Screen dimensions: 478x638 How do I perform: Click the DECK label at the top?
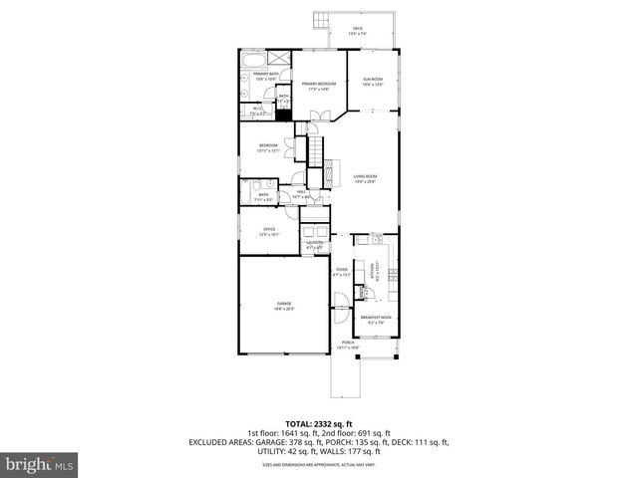(356, 31)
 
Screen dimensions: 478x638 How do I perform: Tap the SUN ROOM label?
(372, 82)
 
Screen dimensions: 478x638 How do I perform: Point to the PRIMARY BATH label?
(264, 76)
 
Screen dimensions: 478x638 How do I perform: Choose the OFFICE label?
(269, 232)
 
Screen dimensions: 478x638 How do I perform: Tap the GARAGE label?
(284, 306)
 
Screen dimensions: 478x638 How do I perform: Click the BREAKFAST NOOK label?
(376, 320)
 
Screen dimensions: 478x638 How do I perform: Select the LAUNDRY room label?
(314, 244)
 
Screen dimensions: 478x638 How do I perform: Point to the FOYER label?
(342, 270)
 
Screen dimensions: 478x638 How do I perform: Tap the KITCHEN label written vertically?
(373, 270)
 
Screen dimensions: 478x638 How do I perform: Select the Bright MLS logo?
(40, 464)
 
